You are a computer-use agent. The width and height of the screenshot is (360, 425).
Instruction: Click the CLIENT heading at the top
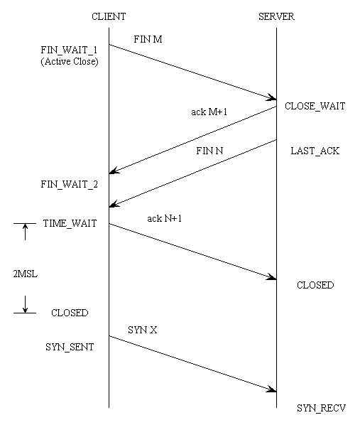(109, 16)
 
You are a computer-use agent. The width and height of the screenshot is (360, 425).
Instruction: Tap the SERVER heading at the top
(276, 16)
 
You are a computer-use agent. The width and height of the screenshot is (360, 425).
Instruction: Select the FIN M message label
(148, 39)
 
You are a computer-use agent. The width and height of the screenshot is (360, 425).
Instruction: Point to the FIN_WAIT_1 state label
(69, 50)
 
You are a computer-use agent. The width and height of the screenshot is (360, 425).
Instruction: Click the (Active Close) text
(70, 62)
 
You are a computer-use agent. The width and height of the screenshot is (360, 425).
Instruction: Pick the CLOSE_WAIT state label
(315, 106)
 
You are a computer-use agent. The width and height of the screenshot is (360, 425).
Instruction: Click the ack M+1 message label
(209, 112)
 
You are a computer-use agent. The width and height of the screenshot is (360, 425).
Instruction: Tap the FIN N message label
(209, 151)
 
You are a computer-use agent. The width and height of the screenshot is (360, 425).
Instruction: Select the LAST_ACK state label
(315, 151)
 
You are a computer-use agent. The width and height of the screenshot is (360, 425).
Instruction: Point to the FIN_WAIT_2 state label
(70, 185)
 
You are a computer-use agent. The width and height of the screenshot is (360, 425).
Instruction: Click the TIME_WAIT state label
(70, 224)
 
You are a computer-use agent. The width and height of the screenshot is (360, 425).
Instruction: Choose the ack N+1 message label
(165, 218)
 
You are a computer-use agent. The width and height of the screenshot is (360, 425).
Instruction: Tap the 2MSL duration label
(25, 274)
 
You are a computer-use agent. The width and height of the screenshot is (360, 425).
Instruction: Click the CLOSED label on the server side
(315, 285)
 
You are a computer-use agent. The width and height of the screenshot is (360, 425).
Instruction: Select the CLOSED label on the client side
(70, 313)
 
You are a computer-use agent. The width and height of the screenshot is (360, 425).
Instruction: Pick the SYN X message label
(143, 330)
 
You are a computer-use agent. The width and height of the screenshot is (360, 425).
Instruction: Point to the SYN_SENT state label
(70, 348)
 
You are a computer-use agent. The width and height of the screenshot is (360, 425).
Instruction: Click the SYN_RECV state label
(321, 408)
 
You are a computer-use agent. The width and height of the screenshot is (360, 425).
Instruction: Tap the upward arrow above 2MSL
(25, 232)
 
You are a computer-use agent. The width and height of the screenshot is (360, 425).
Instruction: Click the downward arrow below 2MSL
(25, 304)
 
